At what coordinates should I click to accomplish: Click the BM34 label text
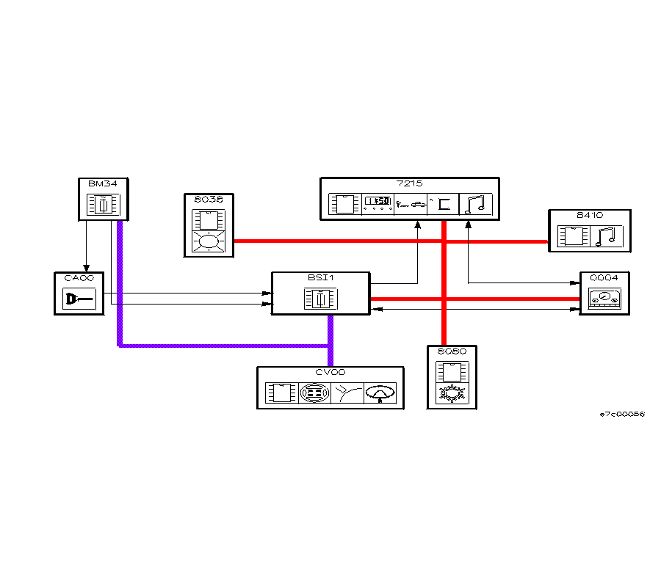103,183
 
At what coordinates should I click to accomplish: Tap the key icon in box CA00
79,299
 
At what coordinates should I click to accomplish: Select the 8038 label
209,199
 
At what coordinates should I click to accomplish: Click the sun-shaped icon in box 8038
209,241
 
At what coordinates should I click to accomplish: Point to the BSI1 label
320,278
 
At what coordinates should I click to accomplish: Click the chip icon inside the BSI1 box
320,299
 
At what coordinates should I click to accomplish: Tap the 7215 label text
410,183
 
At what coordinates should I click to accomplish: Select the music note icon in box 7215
477,203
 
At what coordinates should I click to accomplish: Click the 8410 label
589,215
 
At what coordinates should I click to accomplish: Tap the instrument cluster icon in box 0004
604,299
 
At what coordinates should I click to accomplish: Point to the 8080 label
452,351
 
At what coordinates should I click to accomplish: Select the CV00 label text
330,373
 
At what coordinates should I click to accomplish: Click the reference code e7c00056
622,415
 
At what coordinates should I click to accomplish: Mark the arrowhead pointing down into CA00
87,268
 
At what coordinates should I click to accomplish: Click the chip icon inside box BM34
104,205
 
